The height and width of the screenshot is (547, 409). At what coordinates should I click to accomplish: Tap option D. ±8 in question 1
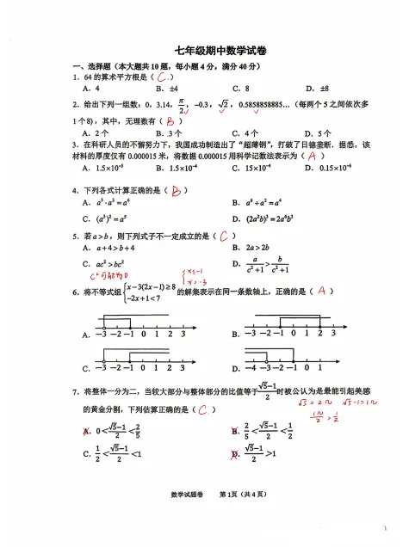point(318,89)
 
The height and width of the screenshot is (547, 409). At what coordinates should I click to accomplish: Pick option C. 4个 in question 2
point(245,133)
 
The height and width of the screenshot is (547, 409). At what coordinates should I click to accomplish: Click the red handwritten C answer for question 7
point(204,409)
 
